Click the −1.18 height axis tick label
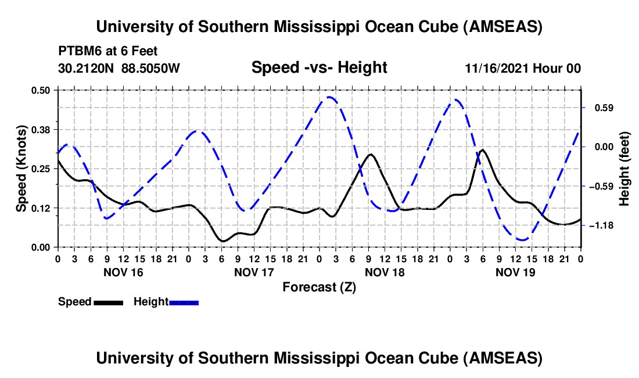tap(602, 225)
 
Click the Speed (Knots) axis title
tap(21, 168)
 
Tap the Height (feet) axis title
tap(624, 169)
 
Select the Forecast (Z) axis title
tap(319, 287)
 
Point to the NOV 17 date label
tap(254, 272)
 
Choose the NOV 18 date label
tap(385, 272)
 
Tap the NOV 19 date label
tap(515, 272)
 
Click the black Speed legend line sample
tap(108, 302)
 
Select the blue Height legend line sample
tap(184, 302)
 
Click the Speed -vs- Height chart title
tap(319, 68)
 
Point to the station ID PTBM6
tap(79, 52)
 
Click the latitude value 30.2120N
tap(87, 69)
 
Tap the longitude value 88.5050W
tap(150, 69)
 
